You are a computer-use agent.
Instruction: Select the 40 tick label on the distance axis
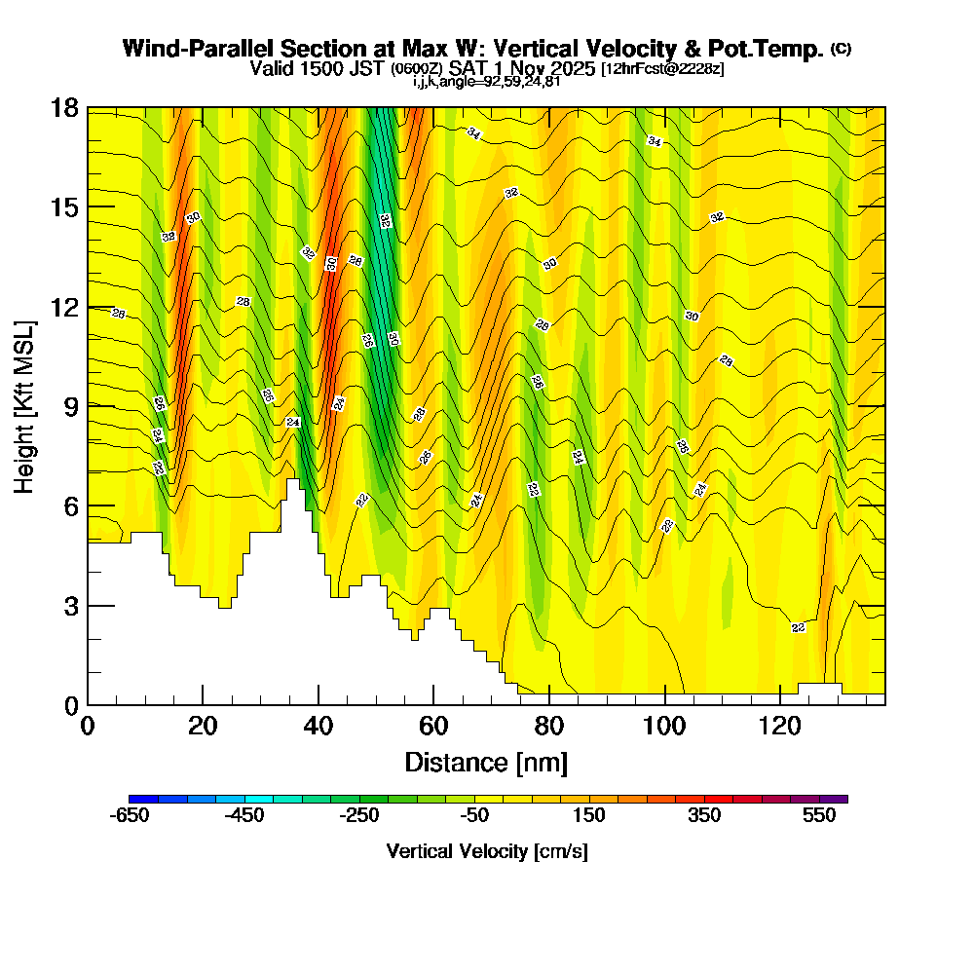tap(318, 726)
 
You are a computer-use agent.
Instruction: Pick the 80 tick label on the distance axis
tap(549, 726)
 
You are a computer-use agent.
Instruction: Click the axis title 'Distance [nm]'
tap(486, 762)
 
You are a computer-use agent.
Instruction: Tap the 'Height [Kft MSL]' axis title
tap(23, 405)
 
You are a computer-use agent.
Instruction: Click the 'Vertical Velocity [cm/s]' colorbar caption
tap(487, 851)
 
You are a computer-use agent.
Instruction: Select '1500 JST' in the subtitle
tap(348, 68)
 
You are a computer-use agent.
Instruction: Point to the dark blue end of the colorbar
tap(134, 799)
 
